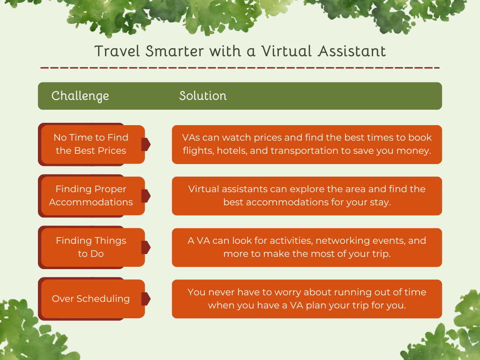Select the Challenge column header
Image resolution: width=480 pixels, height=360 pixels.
(x=80, y=96)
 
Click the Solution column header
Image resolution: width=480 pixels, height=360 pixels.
(x=202, y=96)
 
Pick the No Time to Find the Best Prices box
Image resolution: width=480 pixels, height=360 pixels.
(x=91, y=144)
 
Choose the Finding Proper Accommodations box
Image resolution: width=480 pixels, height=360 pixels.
(x=91, y=196)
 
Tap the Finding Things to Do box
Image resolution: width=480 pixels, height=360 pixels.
(x=91, y=247)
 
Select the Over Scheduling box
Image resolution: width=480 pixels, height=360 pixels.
(x=91, y=299)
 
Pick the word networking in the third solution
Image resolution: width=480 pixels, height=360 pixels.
(x=342, y=241)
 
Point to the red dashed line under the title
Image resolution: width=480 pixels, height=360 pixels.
(x=240, y=68)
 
